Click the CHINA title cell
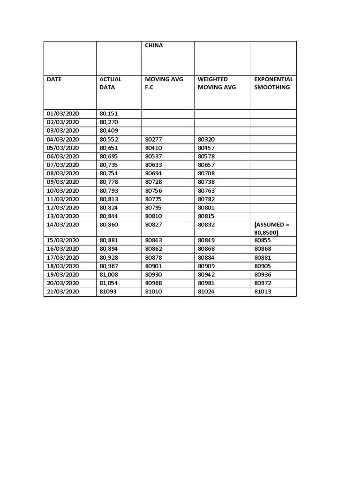[x=154, y=45]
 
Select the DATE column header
[x=54, y=79]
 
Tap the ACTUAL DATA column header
[x=110, y=83]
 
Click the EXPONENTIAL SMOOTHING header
[x=273, y=83]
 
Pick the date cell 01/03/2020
[x=63, y=113]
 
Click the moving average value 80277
[x=153, y=139]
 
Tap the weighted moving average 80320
[x=206, y=139]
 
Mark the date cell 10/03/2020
[x=63, y=190]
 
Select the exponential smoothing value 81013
[x=262, y=292]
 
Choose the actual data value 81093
[x=107, y=292]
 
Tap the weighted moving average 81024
[x=206, y=292]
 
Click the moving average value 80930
[x=153, y=275]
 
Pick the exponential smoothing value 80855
[x=262, y=240]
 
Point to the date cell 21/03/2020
[x=63, y=292]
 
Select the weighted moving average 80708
[x=206, y=173]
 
